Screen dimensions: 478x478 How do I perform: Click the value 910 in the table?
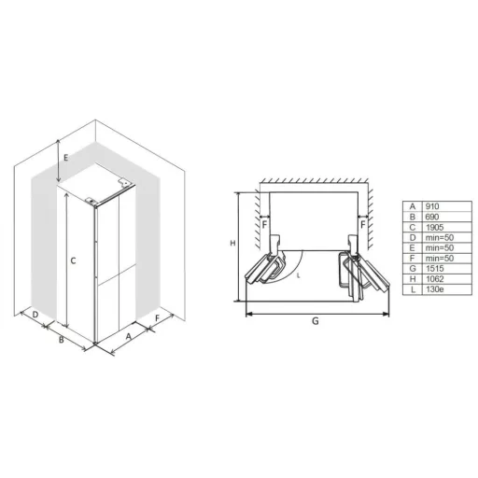point(432,206)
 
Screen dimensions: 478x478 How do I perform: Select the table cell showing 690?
point(432,217)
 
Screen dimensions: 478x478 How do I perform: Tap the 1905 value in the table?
point(435,227)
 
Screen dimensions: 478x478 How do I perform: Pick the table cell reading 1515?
point(435,269)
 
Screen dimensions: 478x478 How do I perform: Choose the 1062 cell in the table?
point(435,279)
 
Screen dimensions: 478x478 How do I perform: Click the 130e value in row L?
point(435,289)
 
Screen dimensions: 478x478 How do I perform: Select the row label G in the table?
point(413,269)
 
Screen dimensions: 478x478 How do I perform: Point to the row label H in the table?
point(413,279)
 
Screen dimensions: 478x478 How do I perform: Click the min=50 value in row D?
point(440,238)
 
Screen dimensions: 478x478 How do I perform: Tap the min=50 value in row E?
point(440,248)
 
